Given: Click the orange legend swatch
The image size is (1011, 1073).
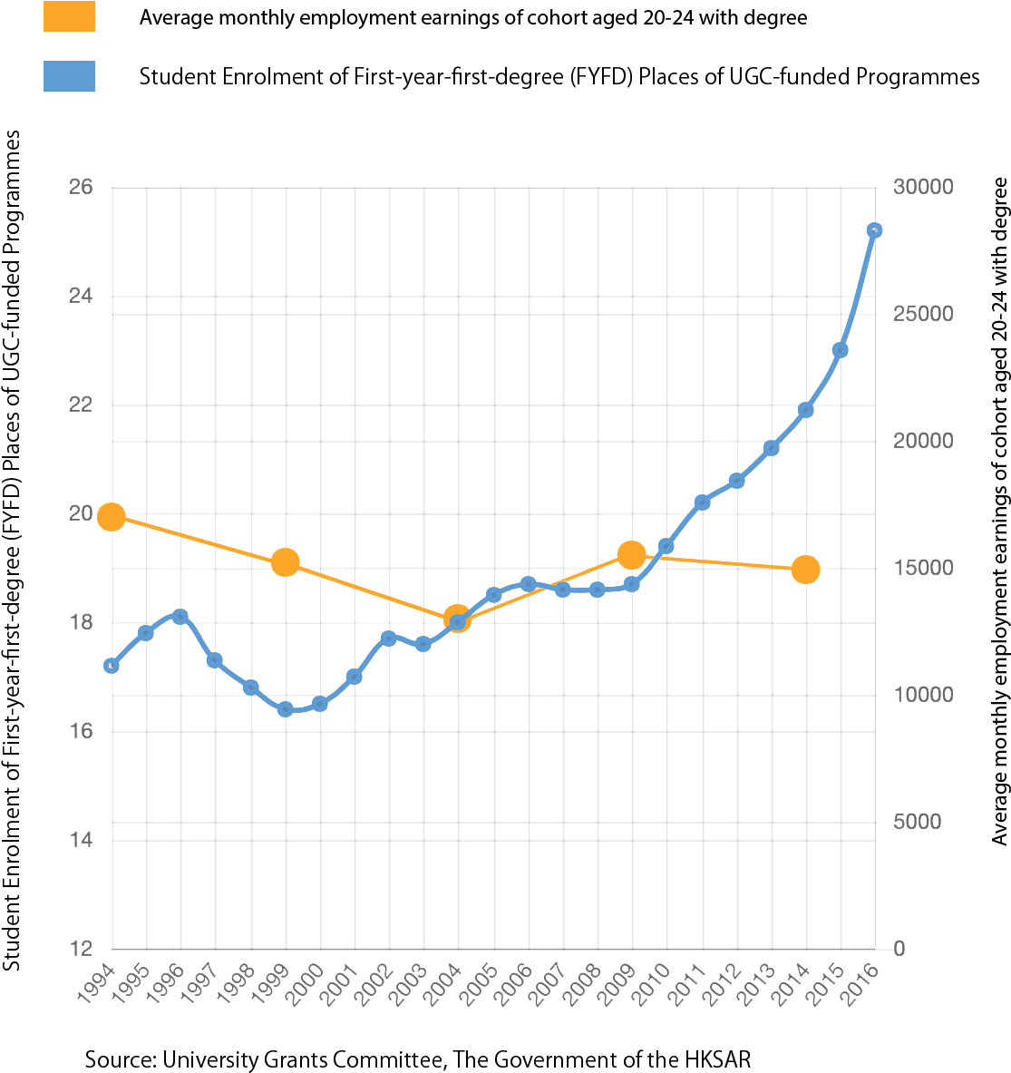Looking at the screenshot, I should coord(69,16).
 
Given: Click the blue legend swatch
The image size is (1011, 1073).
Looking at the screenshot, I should coord(69,76).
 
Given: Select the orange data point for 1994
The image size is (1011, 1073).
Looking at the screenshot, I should coord(111,517).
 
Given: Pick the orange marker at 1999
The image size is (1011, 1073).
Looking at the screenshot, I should coord(286,562).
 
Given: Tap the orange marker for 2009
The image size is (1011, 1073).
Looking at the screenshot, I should coord(631,555).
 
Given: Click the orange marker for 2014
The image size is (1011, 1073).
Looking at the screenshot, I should coord(805,570).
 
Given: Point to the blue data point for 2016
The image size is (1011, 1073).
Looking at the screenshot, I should coord(874,230).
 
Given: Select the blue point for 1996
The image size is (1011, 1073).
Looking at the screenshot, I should coord(180,617).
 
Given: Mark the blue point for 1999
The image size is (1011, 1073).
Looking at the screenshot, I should coord(286,709).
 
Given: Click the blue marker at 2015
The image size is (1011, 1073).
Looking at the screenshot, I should coord(840,350).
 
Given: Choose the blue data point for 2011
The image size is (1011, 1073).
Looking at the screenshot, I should coord(701,502).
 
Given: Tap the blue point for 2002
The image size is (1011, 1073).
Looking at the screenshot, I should coord(388,639).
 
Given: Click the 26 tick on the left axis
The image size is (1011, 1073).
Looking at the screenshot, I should coord(81,187).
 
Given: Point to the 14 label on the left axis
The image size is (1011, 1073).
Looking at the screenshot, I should coord(81,840).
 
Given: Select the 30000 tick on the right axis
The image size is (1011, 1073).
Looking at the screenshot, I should coord(923,187).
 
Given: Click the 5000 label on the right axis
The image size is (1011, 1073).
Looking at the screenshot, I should coord(917,822).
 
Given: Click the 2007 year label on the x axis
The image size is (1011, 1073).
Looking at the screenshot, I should coord(549,983).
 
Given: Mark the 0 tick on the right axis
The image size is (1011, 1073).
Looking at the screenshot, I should coord(899,949).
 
